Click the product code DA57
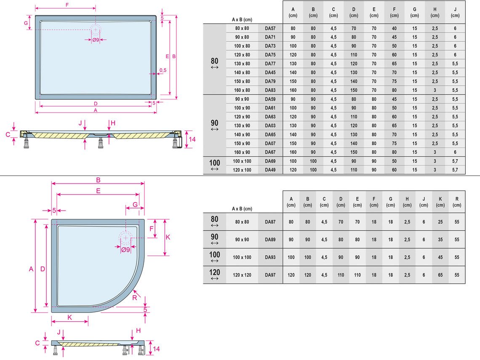point(270,29)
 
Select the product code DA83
point(270,90)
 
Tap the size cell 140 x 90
point(242,135)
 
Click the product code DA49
point(270,170)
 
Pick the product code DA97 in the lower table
point(270,275)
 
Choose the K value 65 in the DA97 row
point(440,275)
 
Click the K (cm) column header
point(440,202)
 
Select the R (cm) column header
point(457,202)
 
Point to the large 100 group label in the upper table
point(215,163)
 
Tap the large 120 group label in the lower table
point(215,272)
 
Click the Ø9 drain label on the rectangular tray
point(96,40)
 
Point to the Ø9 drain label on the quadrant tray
point(125,250)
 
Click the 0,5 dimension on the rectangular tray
point(163,70)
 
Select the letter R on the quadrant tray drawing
point(135,298)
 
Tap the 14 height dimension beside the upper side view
point(192,139)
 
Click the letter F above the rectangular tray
point(67,5)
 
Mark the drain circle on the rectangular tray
point(96,30)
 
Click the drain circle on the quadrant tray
point(125,238)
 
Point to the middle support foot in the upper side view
point(100,143)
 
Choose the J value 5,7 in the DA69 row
point(455,161)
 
